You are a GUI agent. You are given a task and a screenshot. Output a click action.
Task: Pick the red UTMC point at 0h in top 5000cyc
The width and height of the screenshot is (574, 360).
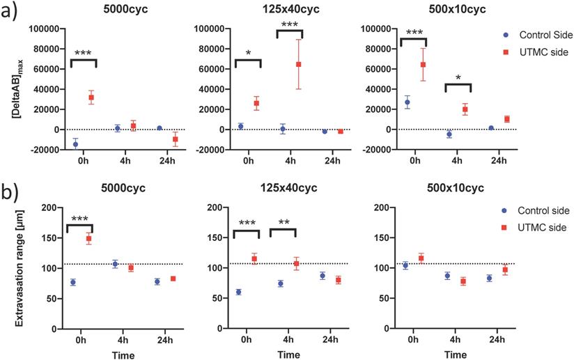pyautogui.click(x=91, y=97)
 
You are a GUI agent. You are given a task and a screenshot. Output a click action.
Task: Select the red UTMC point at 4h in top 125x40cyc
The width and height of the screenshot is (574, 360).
pyautogui.click(x=298, y=64)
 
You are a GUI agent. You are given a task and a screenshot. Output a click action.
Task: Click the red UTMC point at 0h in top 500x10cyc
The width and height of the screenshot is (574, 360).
pyautogui.click(x=423, y=65)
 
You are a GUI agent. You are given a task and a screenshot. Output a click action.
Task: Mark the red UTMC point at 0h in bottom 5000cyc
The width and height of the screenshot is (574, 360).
pyautogui.click(x=88, y=239)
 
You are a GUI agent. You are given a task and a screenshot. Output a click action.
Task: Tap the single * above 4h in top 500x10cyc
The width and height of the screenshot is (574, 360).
pyautogui.click(x=458, y=78)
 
